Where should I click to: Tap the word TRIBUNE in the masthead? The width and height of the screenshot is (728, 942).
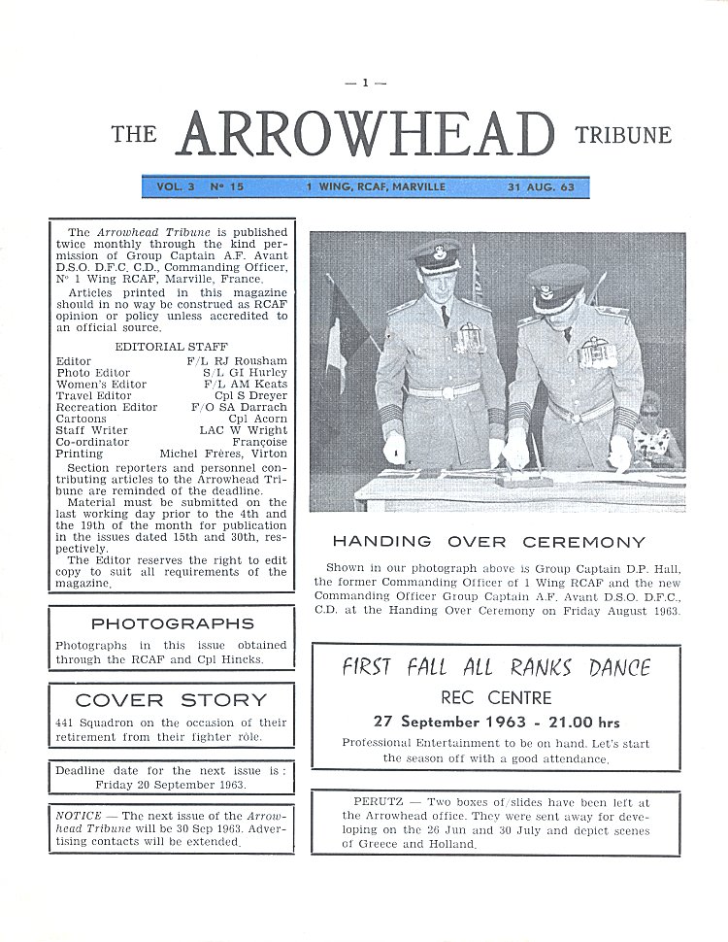(x=622, y=135)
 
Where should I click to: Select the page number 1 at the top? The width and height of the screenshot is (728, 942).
(x=365, y=83)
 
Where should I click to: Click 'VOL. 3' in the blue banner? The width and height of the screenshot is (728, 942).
(x=176, y=186)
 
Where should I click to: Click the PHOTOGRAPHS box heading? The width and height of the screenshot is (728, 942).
(x=172, y=623)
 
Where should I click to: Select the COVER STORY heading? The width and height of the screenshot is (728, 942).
(x=171, y=699)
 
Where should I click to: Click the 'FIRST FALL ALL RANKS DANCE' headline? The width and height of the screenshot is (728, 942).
(x=495, y=668)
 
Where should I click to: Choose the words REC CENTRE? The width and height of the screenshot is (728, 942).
(x=495, y=697)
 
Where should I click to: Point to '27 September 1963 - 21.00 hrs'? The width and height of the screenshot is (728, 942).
(x=496, y=722)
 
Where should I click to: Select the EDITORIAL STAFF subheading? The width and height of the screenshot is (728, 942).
(x=161, y=347)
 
